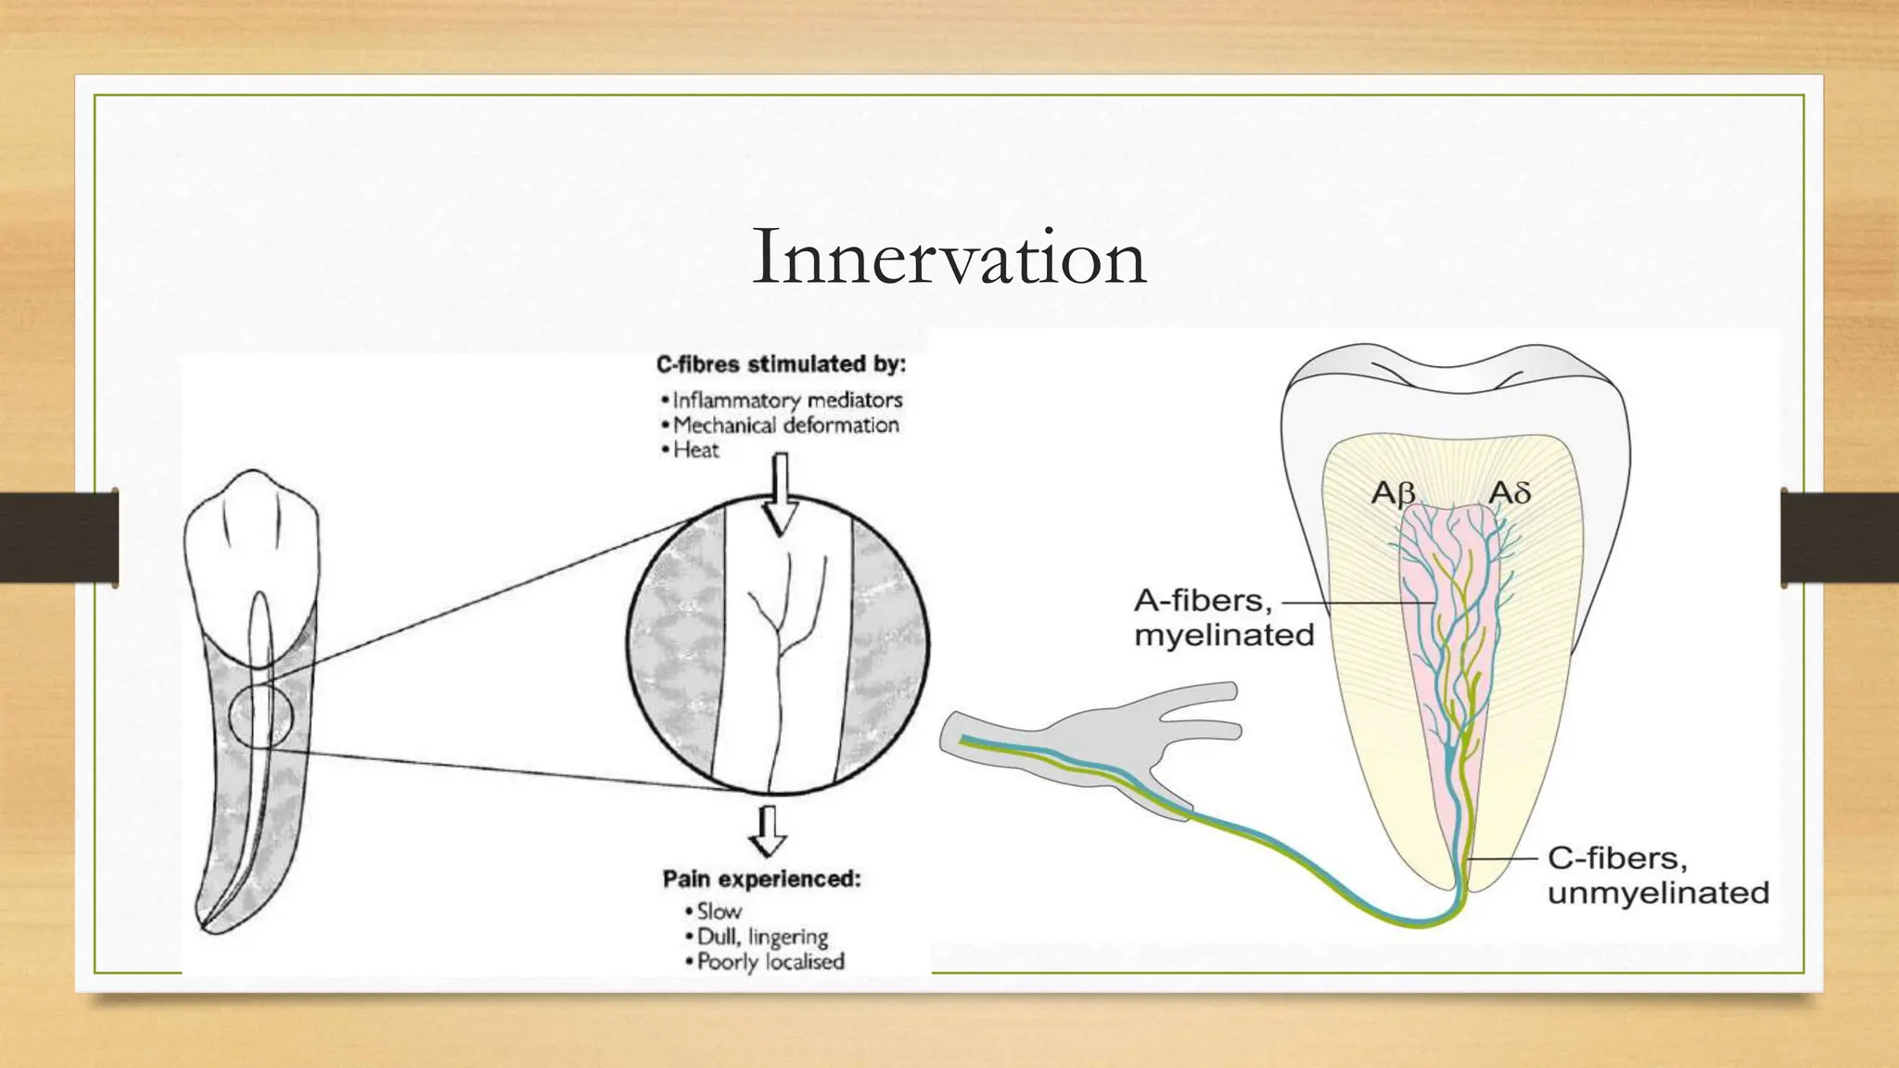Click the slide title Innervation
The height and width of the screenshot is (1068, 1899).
pos(949,258)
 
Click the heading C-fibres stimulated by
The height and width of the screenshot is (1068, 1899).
pos(781,364)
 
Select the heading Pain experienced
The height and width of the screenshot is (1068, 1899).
pos(761,879)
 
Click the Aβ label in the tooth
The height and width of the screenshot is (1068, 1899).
pos(1393,493)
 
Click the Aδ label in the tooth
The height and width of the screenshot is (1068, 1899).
pos(1510,492)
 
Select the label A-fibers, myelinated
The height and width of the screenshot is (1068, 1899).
pos(1224,617)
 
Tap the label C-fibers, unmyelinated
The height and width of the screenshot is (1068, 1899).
pos(1658,875)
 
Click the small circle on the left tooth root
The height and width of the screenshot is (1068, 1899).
pos(261,716)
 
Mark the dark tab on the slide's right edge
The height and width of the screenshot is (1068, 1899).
pos(1840,538)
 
